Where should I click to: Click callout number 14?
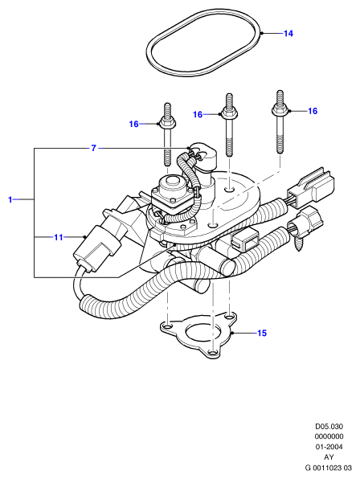(x=288, y=33)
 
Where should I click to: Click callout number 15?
(x=262, y=333)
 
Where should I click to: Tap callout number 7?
(x=94, y=148)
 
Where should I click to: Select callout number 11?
(x=59, y=237)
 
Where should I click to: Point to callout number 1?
(x=10, y=199)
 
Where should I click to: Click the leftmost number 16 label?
(x=133, y=124)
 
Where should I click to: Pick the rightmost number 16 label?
(x=313, y=111)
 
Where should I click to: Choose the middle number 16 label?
(x=198, y=115)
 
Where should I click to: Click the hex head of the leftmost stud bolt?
(x=167, y=123)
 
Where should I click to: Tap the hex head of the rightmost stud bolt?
(x=280, y=110)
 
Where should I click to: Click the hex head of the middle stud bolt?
(x=229, y=113)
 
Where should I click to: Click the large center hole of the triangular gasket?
(x=204, y=333)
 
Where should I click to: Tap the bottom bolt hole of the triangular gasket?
(x=214, y=353)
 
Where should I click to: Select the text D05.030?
(x=329, y=426)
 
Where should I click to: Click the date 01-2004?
(x=329, y=447)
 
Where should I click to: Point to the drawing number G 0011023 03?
(x=329, y=468)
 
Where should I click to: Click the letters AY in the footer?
(x=329, y=457)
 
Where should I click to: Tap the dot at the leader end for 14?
(x=262, y=33)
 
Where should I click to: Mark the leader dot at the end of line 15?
(x=233, y=333)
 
